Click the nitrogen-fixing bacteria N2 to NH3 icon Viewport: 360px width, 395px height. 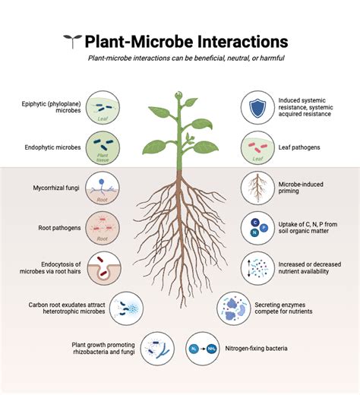(x=202, y=348)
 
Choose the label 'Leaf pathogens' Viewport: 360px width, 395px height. (x=299, y=147)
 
